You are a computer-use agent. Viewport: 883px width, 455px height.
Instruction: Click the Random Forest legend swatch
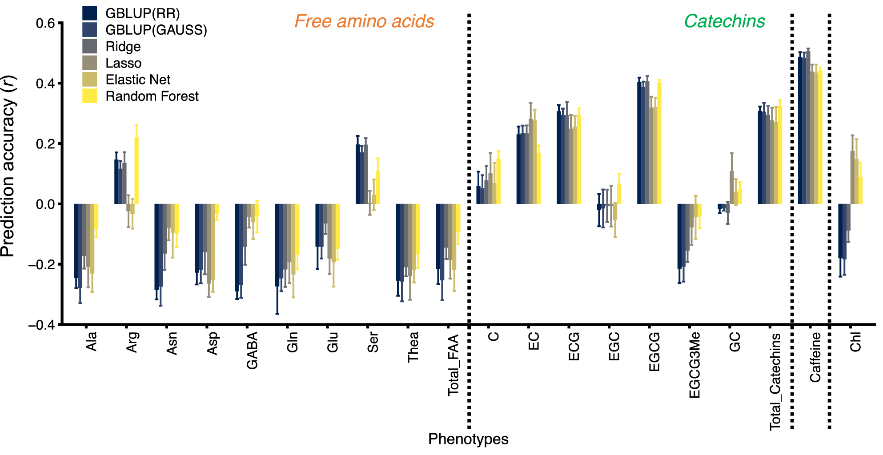[89, 96]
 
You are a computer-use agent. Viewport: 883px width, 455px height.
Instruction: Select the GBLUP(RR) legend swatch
[89, 13]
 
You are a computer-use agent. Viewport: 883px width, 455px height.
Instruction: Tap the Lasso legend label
[123, 63]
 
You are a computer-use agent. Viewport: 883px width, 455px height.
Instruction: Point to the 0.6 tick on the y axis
[45, 23]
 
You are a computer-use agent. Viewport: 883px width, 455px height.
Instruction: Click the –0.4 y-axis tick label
[42, 325]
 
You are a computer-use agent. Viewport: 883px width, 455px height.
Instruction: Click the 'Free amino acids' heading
[364, 21]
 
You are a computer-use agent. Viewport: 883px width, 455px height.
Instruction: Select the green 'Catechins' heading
[724, 21]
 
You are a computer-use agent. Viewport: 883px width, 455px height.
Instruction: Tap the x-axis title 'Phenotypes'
[468, 439]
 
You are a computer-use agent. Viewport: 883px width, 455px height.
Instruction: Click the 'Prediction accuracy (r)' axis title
[9, 166]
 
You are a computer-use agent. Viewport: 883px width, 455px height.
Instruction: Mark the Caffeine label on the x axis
[815, 357]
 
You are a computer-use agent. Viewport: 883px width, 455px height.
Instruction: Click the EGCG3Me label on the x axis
[694, 365]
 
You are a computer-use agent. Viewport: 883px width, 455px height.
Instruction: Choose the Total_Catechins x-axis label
[775, 382]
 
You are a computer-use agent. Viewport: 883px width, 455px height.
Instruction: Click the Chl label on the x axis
[855, 342]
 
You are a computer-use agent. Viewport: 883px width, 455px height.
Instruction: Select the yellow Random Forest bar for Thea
[418, 229]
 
